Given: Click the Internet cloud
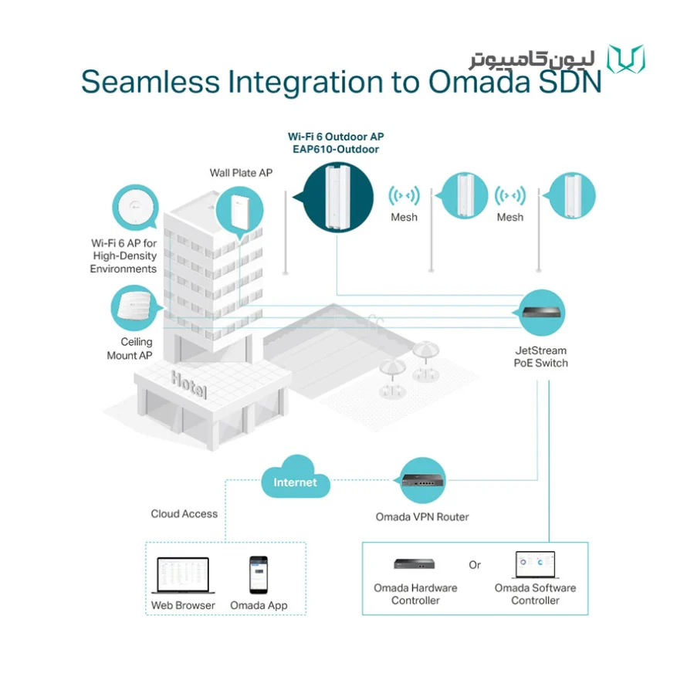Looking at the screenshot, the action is coord(296,478).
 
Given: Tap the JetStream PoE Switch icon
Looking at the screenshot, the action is coord(542,313).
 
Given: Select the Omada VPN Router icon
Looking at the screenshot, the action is coord(423,480).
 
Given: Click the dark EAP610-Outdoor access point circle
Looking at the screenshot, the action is coord(338,197).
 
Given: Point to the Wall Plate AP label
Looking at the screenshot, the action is coord(241,173).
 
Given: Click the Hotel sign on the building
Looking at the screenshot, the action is coord(188,384).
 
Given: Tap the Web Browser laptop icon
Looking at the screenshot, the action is coord(183,575).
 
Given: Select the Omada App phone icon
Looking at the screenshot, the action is coord(259,575).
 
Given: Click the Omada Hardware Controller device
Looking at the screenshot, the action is coord(414,563).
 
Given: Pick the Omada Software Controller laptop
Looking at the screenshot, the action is coord(536,565).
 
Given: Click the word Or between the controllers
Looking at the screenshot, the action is coord(475,565).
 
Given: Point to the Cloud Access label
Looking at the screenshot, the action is coord(184,513).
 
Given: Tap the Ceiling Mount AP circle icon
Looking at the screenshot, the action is coord(134,307).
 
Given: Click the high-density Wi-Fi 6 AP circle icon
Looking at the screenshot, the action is coord(135,207).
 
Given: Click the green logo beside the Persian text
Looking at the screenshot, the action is coord(626,59).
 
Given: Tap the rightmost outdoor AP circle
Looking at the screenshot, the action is coord(571,195).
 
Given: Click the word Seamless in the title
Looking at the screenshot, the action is coord(151,82).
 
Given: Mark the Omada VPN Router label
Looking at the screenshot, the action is coord(422,517).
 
